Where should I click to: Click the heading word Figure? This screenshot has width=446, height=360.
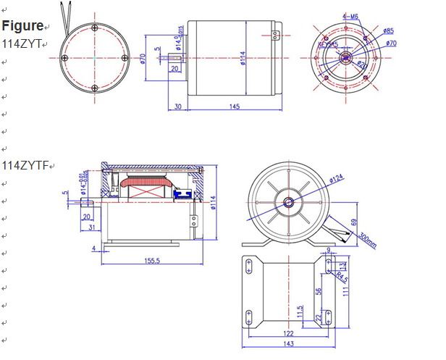click(x=22, y=26)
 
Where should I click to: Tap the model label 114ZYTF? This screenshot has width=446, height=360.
click(x=23, y=164)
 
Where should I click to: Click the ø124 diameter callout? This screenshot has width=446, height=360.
click(x=337, y=177)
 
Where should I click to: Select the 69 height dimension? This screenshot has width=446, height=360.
click(x=353, y=222)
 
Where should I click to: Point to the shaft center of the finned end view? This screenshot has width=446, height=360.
click(x=289, y=203)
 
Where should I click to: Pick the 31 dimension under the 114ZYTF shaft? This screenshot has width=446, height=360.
click(x=90, y=227)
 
